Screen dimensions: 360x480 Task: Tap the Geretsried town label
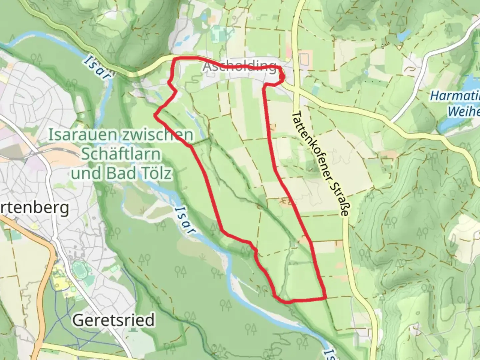114,320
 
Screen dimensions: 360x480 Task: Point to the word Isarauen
83,135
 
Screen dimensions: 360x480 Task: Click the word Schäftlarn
121,154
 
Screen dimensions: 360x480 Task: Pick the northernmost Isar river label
98,68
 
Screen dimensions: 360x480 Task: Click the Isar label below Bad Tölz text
184,220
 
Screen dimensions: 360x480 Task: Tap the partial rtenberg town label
35,208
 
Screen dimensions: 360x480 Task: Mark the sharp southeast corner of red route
325,297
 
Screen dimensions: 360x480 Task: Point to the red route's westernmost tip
155,115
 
